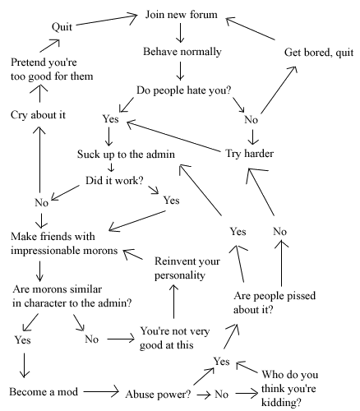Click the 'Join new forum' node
point(181,14)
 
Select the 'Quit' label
point(62,27)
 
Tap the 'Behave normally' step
point(182,52)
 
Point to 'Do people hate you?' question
point(184,90)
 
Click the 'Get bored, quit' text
point(319,53)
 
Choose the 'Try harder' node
point(249,154)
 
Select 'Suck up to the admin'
point(126,155)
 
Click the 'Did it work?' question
point(114,180)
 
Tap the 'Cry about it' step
point(38,115)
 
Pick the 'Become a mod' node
point(44,391)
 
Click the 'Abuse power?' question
point(158,395)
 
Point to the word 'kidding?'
point(281,403)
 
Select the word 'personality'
point(180,275)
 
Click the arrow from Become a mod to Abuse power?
point(101,391)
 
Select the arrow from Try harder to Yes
point(174,136)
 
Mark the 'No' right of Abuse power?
point(221,395)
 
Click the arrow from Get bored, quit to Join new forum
point(250,29)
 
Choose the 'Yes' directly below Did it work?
point(172,201)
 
